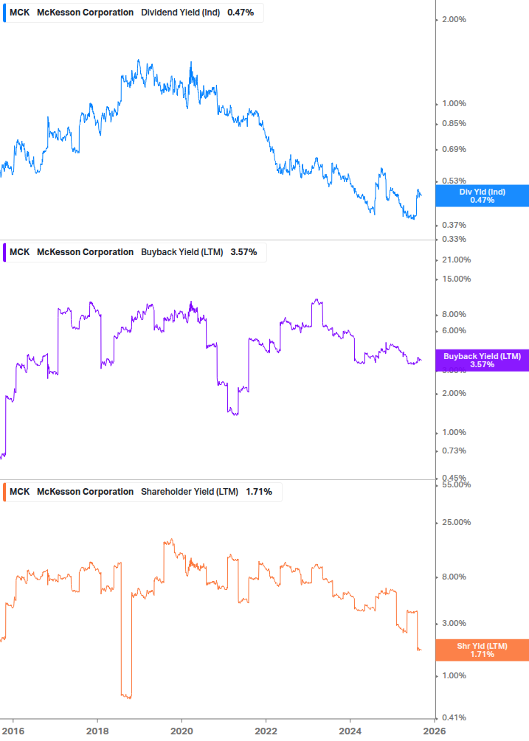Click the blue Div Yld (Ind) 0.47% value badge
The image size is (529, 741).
[483, 195]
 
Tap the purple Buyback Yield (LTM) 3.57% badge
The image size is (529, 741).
[483, 360]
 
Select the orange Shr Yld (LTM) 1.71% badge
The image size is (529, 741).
[483, 650]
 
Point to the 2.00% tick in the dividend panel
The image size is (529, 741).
[452, 19]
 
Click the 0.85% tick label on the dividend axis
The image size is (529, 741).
[452, 123]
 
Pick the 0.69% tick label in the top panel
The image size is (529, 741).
[452, 150]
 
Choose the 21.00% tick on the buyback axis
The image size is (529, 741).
[455, 260]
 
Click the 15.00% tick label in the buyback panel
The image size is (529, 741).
[455, 279]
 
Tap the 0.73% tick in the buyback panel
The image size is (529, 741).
[452, 451]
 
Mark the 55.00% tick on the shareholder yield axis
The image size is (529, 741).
[455, 484]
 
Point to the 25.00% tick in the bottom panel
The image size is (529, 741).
[455, 523]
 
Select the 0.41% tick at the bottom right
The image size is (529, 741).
[452, 717]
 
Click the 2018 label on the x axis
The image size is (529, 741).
[97, 731]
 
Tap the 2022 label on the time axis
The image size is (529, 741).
[266, 731]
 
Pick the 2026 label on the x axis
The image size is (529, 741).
[435, 731]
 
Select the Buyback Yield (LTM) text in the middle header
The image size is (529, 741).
[181, 252]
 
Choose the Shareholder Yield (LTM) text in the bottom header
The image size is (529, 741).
[189, 492]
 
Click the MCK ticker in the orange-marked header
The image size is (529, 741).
[20, 492]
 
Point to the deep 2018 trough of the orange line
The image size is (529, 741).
[126, 695]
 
